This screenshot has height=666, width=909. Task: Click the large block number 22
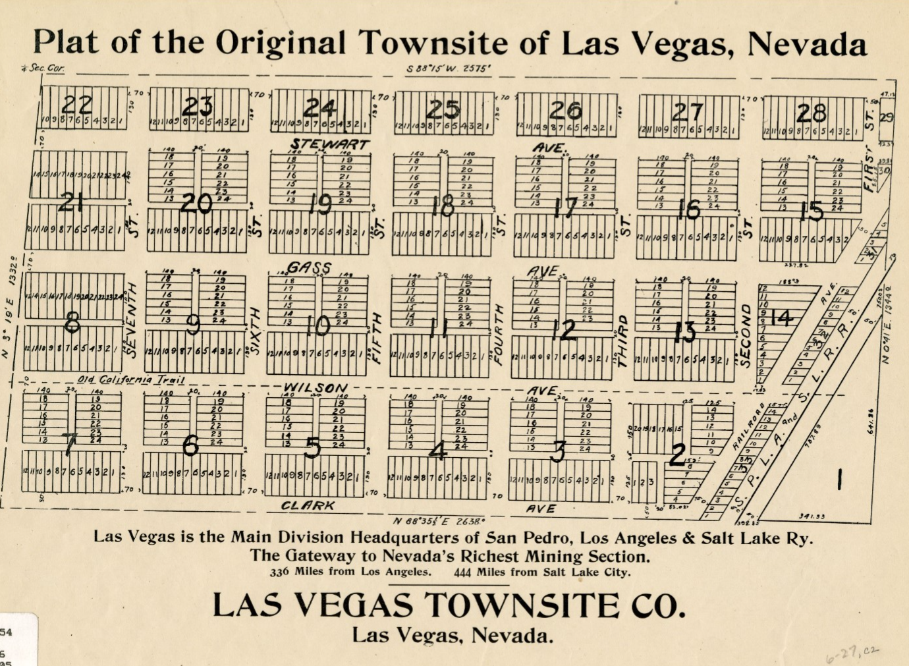coord(77,105)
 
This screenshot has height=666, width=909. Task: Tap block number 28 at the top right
coord(811,113)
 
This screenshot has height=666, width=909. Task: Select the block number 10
coord(317,325)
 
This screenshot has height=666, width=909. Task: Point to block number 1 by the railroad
coord(839,479)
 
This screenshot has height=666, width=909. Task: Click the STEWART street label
coord(330,144)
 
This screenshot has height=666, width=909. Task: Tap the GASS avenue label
coord(309,267)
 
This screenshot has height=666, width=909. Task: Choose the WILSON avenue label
coord(315,388)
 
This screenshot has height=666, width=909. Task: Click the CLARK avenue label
coord(308,505)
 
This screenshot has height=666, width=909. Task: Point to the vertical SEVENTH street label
coord(131,320)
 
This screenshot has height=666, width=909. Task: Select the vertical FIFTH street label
coord(377,337)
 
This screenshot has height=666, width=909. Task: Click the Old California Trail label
coord(130,379)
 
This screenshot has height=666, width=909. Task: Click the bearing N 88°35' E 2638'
coord(439,520)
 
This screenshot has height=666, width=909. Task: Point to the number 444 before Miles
coord(462,572)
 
